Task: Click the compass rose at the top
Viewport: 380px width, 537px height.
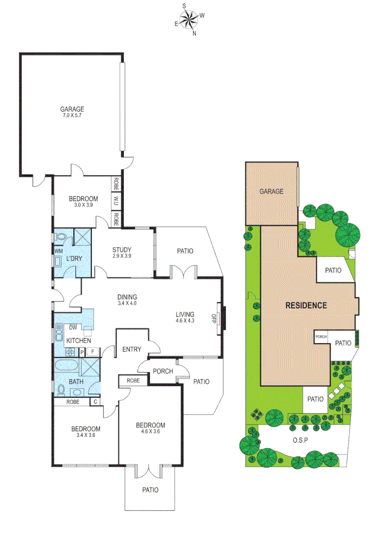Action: (x=189, y=20)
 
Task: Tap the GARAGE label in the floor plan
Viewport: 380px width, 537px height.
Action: (x=72, y=109)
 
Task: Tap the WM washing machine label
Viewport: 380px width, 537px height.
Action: (x=58, y=252)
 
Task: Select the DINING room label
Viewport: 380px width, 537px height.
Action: (x=127, y=297)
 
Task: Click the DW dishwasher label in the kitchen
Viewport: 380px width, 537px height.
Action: (x=73, y=327)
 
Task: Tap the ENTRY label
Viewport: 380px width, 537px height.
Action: (x=132, y=349)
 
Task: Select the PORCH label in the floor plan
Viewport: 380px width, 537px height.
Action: (x=163, y=371)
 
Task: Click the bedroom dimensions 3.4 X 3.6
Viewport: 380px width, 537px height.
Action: (x=85, y=436)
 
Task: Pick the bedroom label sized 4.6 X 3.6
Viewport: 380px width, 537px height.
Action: (x=150, y=425)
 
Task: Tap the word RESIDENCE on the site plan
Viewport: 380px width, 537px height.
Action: (x=305, y=305)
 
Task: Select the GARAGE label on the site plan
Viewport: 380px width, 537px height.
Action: (x=271, y=191)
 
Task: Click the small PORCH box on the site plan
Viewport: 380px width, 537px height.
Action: (x=321, y=337)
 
